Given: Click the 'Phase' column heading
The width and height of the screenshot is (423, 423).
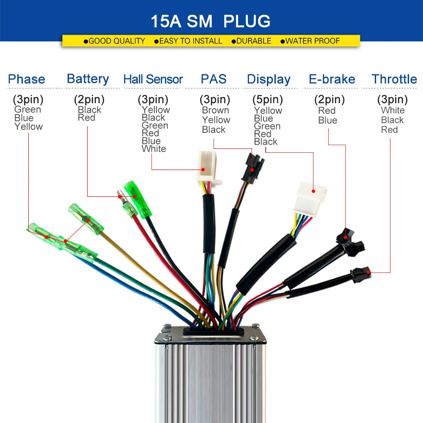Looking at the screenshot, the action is tap(26, 79).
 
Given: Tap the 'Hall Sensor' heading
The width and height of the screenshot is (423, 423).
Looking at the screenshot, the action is tap(153, 80).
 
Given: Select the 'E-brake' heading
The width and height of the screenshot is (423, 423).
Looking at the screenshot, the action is tap(332, 79).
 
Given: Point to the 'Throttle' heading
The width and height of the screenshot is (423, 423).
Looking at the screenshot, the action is tap(394, 79).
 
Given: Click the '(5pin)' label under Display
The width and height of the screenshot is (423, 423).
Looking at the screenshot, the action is tap(268, 99).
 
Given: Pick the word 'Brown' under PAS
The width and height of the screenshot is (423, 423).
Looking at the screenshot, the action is tap(216, 110).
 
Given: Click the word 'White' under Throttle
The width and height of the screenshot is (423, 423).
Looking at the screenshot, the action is tap(393, 110).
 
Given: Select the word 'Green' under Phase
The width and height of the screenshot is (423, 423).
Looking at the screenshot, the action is tap(27, 109).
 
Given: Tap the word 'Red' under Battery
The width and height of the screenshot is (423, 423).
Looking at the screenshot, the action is tap(86, 118).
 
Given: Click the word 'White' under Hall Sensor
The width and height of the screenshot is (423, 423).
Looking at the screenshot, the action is tap(154, 148).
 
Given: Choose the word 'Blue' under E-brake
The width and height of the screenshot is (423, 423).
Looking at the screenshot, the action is tap(327, 120).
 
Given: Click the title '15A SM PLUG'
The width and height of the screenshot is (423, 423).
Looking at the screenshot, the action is tap(210, 21).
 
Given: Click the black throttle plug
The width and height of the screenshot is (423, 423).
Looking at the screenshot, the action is tap(360, 274).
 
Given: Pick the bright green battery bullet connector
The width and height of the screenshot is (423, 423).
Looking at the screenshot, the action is tap(137, 199).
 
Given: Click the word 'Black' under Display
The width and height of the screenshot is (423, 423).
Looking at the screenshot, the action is tap(266, 142).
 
